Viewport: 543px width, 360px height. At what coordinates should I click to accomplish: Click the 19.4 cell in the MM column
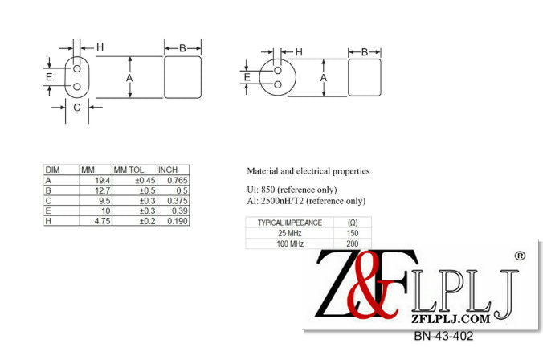point(96,180)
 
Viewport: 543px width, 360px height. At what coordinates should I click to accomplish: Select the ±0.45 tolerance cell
point(135,180)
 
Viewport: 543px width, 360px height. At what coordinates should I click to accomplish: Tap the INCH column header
point(168,170)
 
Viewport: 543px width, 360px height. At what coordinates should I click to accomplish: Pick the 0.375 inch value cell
point(174,201)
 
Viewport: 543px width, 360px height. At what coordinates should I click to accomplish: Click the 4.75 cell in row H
point(96,221)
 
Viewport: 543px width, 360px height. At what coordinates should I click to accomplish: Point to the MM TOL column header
point(129,170)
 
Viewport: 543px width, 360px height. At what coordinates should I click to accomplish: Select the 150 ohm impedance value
point(352,233)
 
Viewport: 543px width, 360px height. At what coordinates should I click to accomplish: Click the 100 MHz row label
point(290,243)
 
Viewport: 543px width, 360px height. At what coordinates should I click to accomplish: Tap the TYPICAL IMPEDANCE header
point(290,223)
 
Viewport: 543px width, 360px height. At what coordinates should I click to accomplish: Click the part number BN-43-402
point(443,336)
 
